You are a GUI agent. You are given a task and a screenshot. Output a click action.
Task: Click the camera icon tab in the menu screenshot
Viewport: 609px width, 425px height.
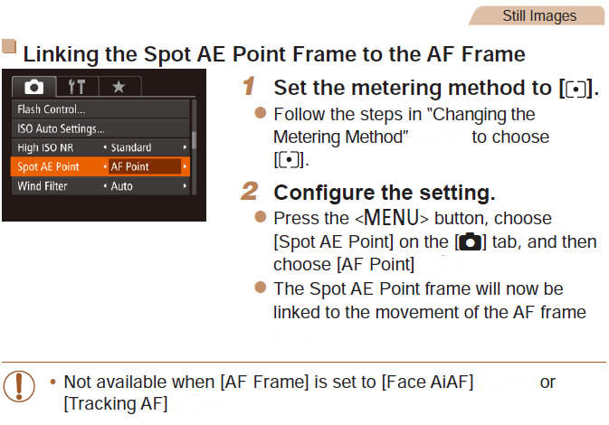33,87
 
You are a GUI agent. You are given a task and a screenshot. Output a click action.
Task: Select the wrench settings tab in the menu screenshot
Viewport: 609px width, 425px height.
76,87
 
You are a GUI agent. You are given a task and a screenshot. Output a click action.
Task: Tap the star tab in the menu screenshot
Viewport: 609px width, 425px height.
118,87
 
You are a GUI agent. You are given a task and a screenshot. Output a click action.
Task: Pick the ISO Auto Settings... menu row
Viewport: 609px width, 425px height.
61,128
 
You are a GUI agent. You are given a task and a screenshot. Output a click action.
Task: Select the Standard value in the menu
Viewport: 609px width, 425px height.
130,147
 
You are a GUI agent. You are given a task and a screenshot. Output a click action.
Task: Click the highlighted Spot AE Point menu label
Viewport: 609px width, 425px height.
49,166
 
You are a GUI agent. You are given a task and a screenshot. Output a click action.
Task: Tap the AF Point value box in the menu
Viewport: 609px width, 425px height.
130,166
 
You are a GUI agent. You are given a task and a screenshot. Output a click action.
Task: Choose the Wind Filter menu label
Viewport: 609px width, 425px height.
44,186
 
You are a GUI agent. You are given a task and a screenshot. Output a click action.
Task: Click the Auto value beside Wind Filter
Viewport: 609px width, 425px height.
121,186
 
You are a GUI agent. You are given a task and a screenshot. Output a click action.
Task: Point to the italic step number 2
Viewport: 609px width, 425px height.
249,193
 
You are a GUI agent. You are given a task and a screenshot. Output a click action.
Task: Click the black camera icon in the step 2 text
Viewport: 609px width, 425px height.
471,242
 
